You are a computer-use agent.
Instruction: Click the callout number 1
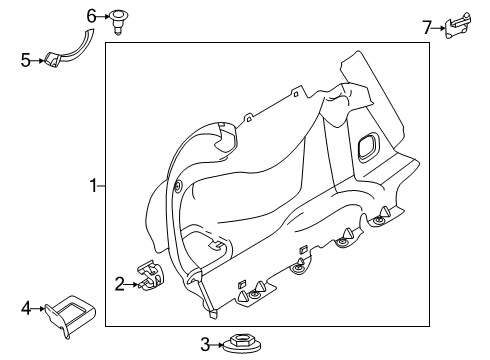pos(92,186)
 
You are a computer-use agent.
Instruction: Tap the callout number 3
pos(205,345)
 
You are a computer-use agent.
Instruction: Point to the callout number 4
pos(27,309)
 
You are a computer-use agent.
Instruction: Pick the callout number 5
pos(26,60)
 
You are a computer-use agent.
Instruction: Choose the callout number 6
pos(91,15)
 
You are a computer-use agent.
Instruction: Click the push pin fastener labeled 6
pos(119,19)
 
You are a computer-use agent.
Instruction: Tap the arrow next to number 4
pos(39,309)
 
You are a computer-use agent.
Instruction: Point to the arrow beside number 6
pos(103,16)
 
